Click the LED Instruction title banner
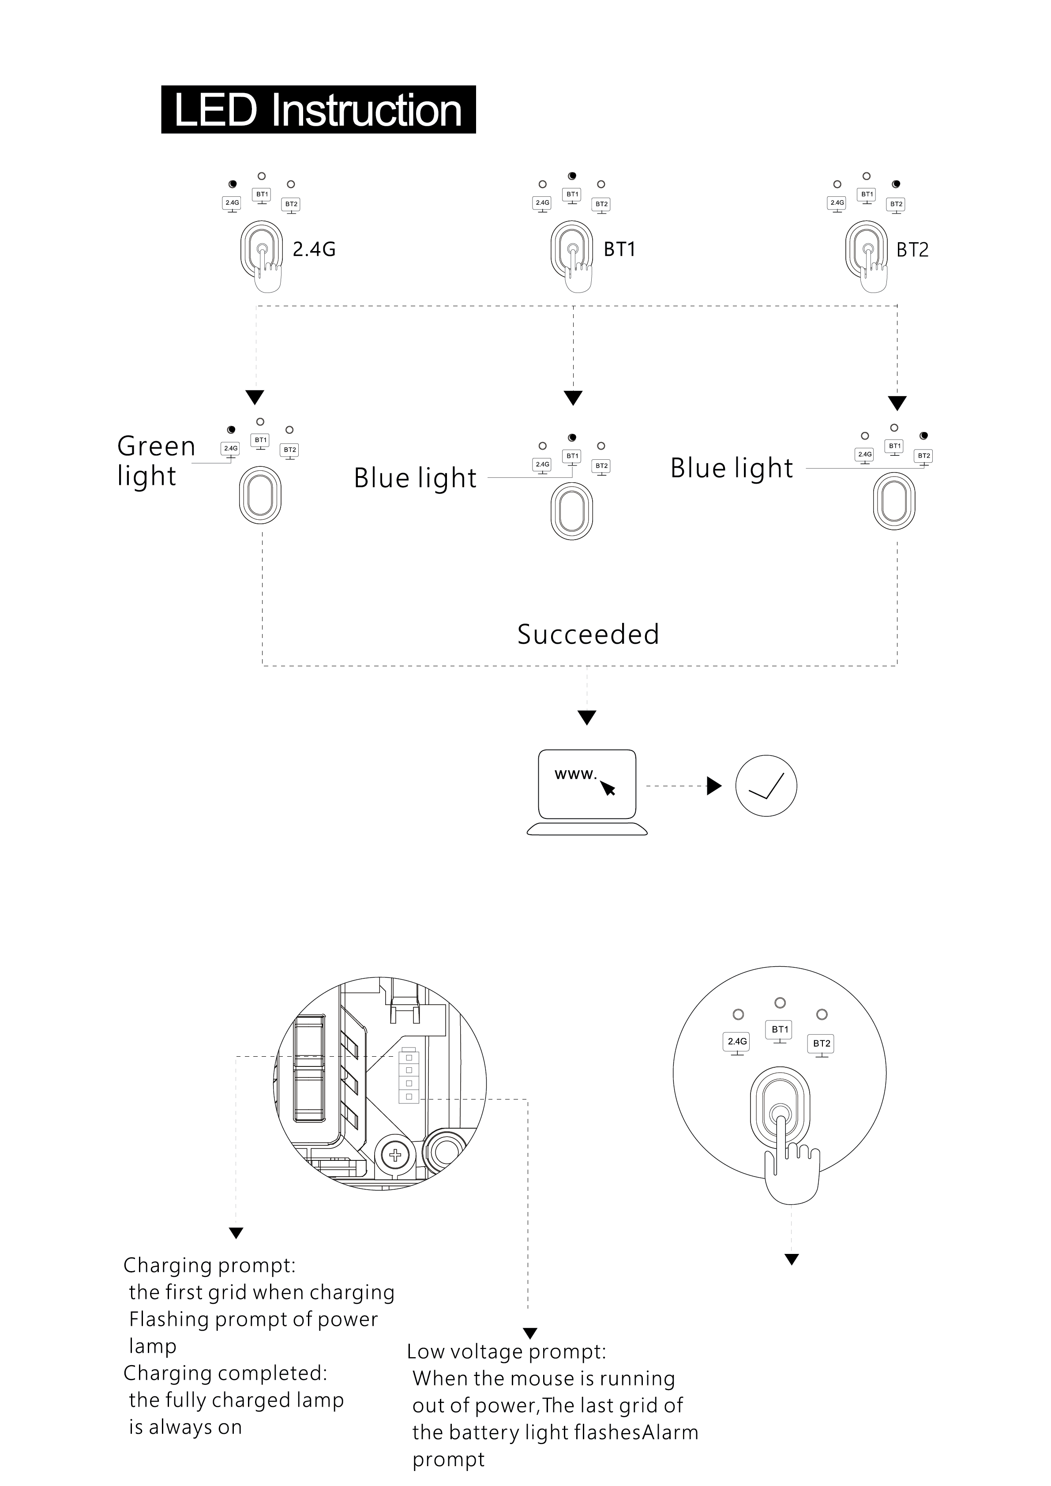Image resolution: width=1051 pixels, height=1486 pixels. pos(319,109)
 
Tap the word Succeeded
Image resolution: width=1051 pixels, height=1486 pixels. pos(588,634)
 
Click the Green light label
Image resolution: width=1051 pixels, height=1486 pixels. pos(156,461)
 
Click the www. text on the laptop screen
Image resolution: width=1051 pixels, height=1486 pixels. pos(575,774)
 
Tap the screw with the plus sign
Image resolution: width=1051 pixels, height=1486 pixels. pos(395,1155)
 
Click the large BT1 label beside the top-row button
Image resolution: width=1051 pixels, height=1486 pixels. pos(619,249)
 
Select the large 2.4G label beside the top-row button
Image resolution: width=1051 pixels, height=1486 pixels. pos(314,249)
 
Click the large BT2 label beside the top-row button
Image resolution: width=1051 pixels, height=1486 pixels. pos(912,250)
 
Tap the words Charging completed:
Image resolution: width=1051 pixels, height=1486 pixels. pos(225,1372)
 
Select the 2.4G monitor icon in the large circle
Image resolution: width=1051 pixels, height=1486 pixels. pos(737,1044)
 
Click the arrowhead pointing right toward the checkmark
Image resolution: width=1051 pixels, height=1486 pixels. pos(714,786)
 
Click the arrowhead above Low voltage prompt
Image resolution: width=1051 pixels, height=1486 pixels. pos(530,1333)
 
